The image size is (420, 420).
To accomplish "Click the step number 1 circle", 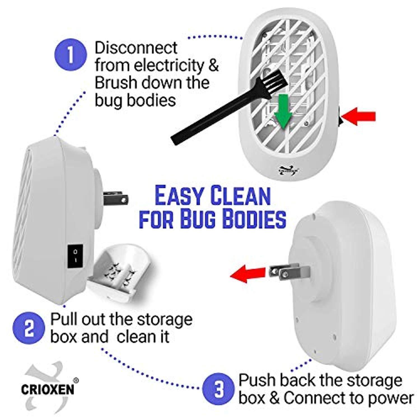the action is point(70,55).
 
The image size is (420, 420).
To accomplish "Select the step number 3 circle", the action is point(218,389).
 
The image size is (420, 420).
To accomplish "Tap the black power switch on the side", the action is point(75,256).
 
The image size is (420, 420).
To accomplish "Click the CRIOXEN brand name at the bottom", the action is point(48,390).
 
